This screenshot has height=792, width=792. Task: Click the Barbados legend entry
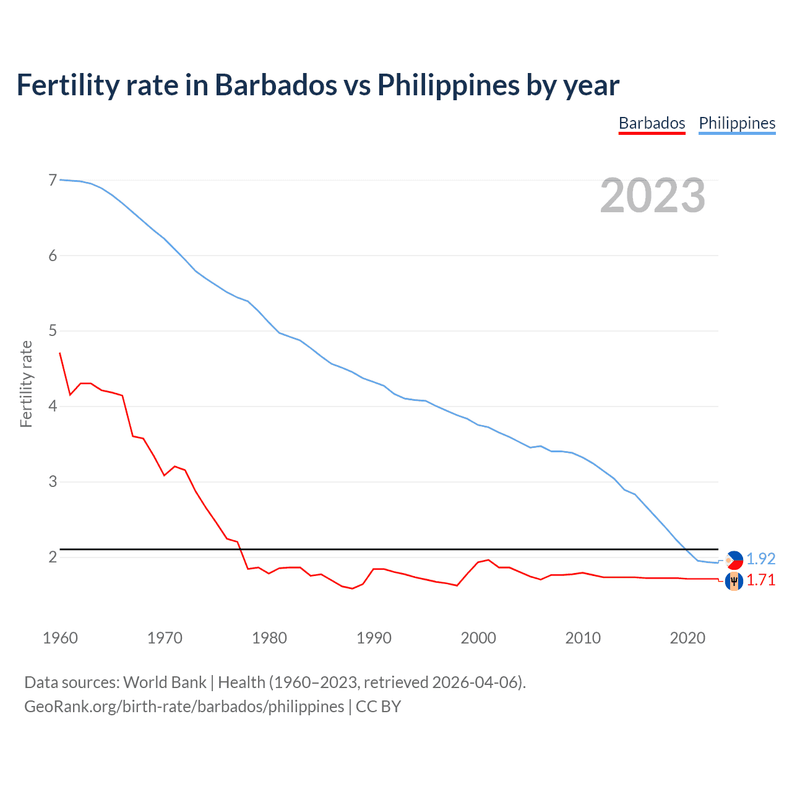[x=652, y=123]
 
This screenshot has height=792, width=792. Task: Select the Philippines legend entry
[x=737, y=123]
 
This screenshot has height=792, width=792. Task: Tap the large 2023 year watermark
[x=653, y=196]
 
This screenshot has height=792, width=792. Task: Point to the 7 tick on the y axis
[x=53, y=181]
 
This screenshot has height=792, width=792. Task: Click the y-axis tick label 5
[x=53, y=331]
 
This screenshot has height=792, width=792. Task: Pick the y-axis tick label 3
[x=53, y=482]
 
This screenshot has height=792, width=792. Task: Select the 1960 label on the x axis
[x=60, y=638]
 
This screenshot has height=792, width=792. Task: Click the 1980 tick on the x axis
[x=269, y=638]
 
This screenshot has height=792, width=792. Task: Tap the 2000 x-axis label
[x=478, y=638]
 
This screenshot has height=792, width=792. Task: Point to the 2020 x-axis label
[x=687, y=638]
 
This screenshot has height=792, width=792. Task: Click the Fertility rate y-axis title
[x=26, y=384]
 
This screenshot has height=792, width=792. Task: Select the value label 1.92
[x=760, y=559]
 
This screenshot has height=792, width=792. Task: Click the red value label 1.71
[x=760, y=580]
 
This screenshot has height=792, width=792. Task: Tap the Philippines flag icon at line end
[x=734, y=560]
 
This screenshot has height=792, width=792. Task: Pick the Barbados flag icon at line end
[x=734, y=582]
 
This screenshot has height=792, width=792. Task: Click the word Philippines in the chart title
[x=449, y=85]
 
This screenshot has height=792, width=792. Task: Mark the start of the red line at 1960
[x=60, y=353]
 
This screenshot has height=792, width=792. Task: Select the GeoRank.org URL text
[x=184, y=707]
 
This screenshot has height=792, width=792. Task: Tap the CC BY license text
[x=378, y=707]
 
